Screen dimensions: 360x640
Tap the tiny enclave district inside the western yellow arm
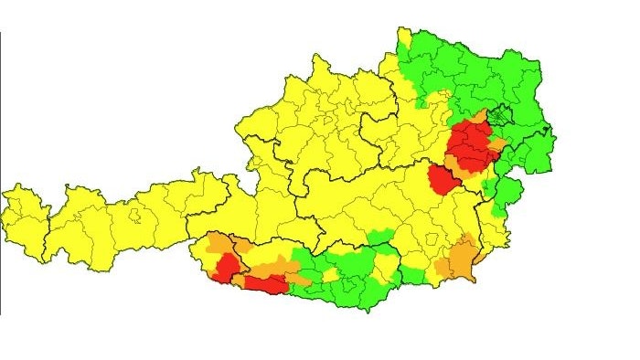coord(136,217)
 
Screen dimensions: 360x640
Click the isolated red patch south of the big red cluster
coord(445,180)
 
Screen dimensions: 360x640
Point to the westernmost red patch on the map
coord(224,266)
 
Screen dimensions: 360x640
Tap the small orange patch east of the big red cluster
coord(497,144)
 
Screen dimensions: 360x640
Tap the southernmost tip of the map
coord(368,311)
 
